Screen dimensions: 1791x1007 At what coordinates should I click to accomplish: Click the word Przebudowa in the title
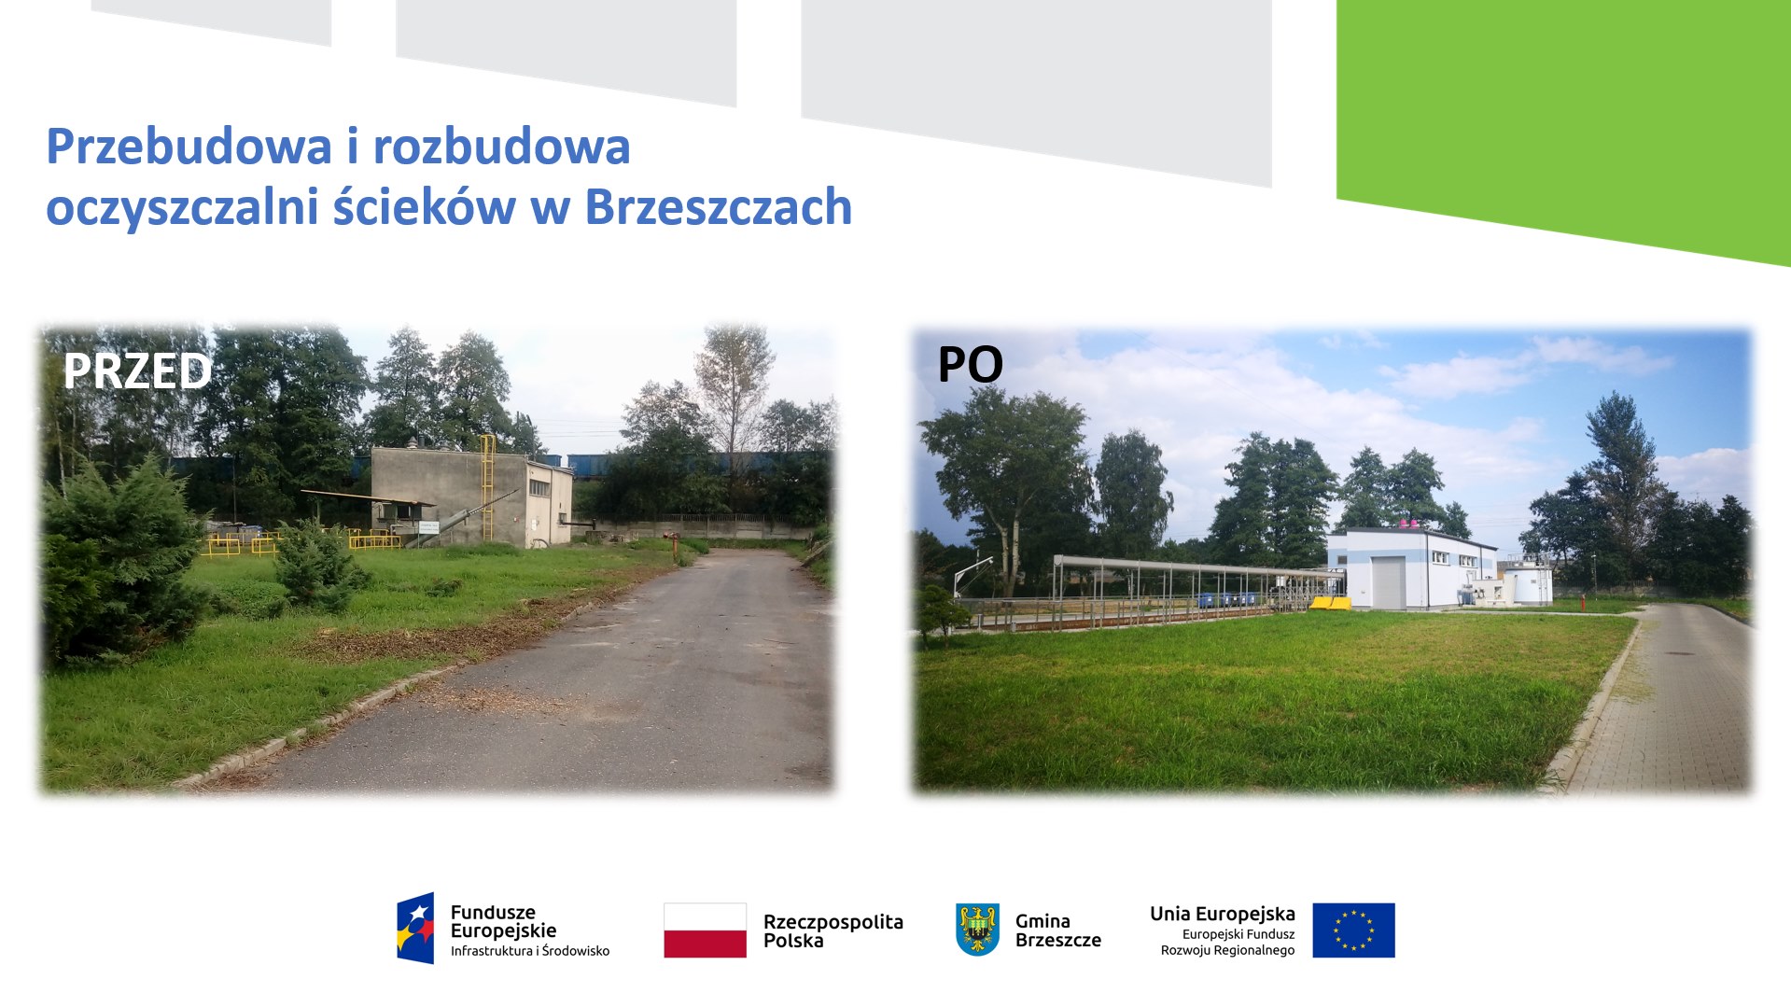[x=189, y=147]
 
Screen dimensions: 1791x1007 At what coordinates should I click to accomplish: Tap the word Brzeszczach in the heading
[x=719, y=207]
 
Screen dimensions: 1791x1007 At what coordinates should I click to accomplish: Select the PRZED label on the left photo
[x=137, y=371]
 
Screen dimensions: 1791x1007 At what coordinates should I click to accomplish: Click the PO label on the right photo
[x=970, y=364]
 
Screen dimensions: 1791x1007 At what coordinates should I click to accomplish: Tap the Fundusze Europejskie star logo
[x=415, y=929]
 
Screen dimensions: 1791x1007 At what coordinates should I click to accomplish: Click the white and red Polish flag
[x=705, y=930]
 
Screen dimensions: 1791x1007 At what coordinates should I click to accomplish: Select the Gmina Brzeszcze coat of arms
[x=977, y=930]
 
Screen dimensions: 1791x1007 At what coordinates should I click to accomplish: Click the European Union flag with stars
[x=1353, y=930]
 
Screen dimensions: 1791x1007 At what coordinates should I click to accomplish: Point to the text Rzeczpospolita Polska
[x=833, y=930]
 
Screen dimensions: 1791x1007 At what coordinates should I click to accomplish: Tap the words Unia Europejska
[x=1222, y=914]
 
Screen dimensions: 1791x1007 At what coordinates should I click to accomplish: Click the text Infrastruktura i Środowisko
[x=529, y=951]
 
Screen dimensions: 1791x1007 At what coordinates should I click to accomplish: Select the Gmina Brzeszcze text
[x=1057, y=930]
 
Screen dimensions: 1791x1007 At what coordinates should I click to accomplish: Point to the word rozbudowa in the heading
[x=502, y=147]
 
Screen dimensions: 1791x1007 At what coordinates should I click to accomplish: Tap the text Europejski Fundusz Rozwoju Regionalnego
[x=1227, y=942]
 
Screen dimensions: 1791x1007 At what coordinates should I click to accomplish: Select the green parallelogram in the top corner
[x=1563, y=121]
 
